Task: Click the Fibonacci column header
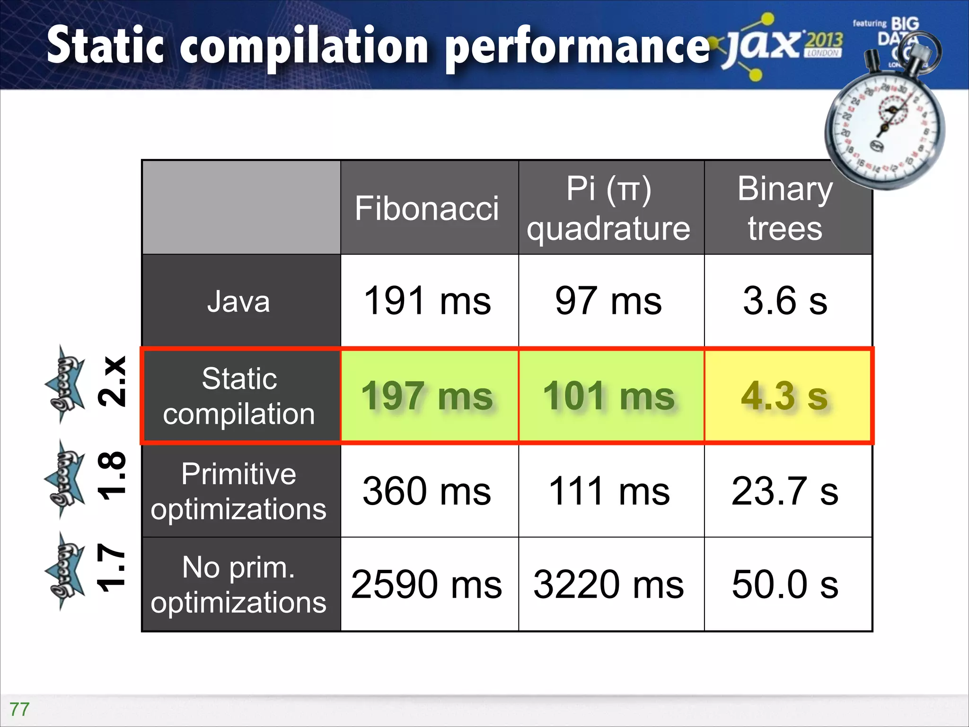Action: pos(427,208)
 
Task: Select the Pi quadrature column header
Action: pos(609,208)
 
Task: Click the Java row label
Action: pos(239,301)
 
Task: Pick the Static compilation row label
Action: pos(239,396)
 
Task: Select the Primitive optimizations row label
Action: pos(239,491)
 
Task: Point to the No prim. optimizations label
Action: pos(239,585)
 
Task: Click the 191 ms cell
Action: pos(427,301)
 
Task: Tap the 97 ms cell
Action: pos(609,301)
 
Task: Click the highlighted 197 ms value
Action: pos(427,396)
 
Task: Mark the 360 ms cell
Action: pos(427,491)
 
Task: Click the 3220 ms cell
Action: pos(609,585)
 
